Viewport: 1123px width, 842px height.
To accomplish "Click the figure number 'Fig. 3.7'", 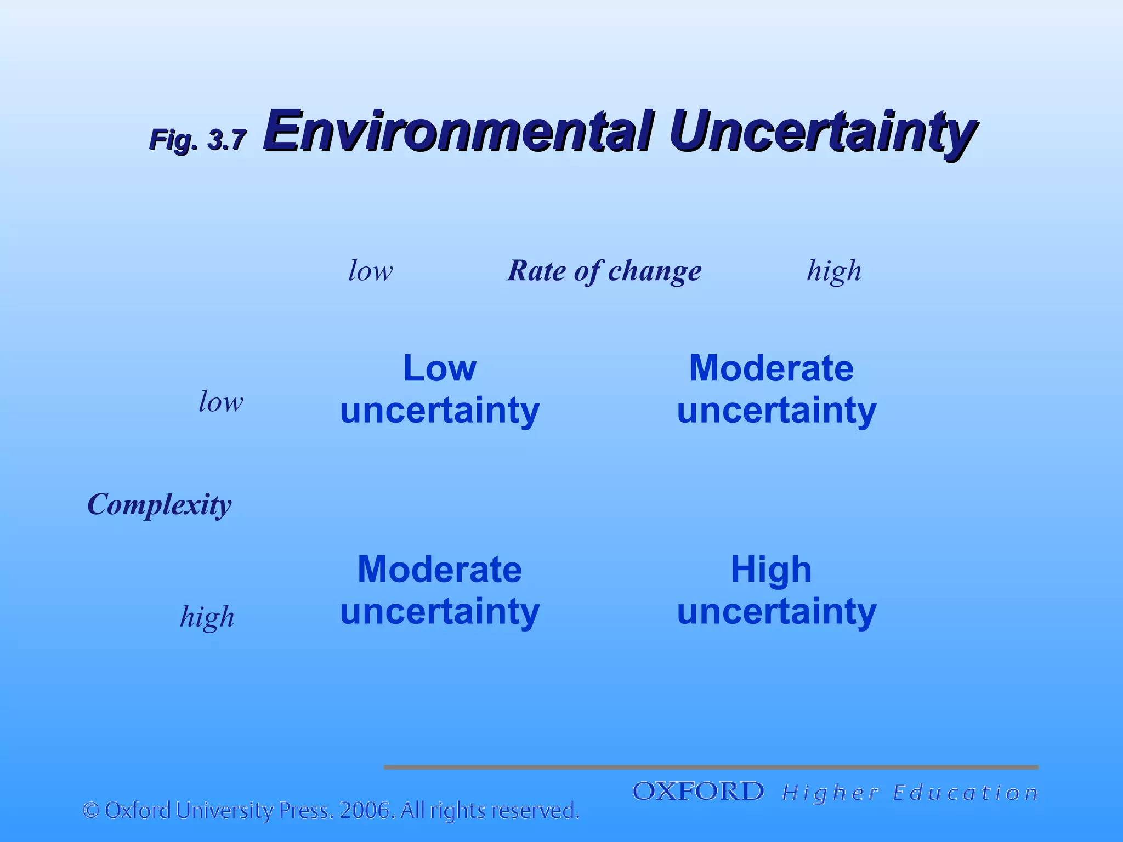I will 198,140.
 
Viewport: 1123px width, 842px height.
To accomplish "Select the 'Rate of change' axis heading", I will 604,271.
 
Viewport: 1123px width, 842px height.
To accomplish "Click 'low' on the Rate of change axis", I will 371,271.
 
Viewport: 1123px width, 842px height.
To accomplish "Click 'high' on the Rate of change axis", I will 833,271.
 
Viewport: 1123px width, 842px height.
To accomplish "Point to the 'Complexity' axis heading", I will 159,504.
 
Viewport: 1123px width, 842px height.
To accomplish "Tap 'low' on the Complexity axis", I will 220,402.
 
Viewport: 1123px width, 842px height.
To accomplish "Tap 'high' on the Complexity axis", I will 207,617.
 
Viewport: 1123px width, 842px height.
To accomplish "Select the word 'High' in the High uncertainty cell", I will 771,570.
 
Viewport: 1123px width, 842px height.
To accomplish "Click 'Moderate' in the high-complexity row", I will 440,570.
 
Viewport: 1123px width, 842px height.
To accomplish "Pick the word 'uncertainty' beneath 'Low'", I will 440,411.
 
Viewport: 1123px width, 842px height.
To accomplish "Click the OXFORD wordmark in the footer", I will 698,792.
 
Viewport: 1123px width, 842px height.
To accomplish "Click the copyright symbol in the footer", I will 91,810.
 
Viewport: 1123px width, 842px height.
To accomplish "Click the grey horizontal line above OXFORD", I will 711,767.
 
